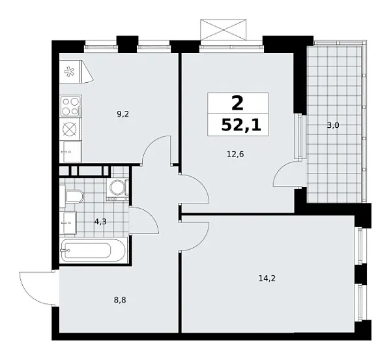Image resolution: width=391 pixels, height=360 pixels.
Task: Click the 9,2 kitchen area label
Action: [x=122, y=114]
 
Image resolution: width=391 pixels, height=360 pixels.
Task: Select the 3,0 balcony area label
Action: [x=332, y=125]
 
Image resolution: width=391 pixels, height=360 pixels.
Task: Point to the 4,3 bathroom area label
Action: [x=100, y=222]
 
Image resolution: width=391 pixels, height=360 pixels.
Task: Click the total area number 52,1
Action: [x=240, y=125]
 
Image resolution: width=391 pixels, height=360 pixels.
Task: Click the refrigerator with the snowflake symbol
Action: [x=70, y=73]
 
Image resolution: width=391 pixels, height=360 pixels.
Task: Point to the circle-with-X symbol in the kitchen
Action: [x=70, y=129]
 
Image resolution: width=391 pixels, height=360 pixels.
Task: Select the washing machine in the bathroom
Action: [x=118, y=188]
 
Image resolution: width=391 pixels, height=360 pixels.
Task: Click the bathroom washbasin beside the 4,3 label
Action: [x=68, y=222]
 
